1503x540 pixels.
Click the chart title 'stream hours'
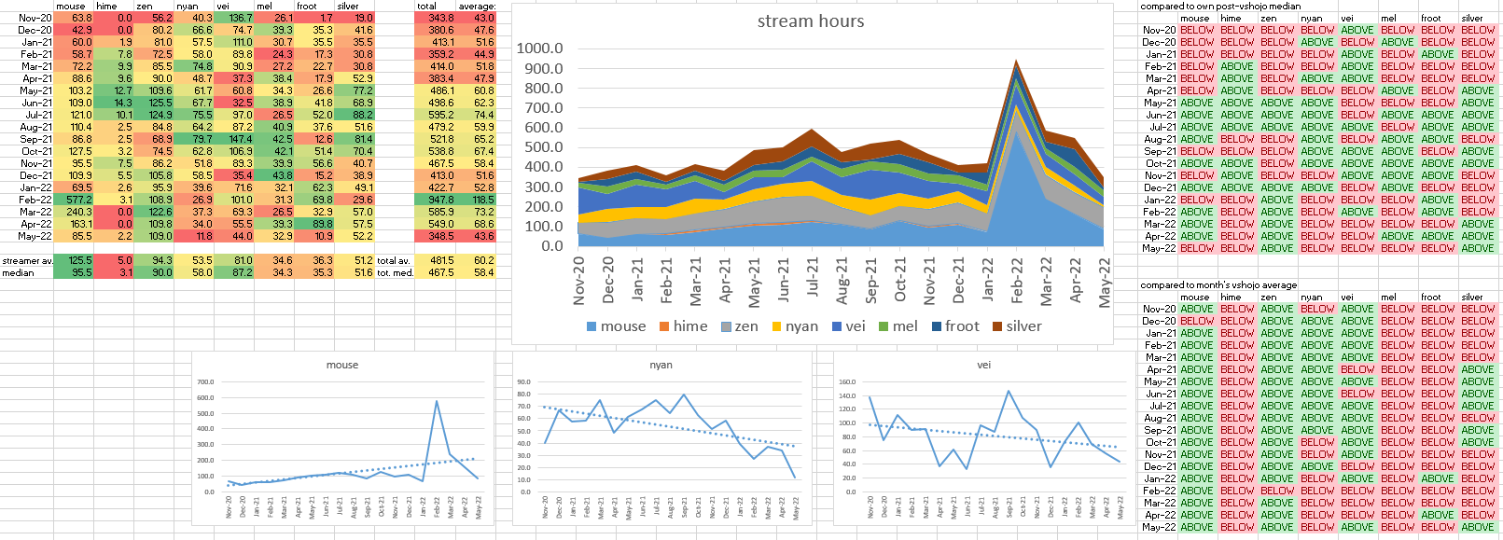point(810,21)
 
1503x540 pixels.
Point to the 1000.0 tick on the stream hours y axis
point(540,48)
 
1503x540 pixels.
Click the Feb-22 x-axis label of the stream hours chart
point(1017,280)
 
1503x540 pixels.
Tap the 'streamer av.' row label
point(27,261)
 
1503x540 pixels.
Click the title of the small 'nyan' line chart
point(661,365)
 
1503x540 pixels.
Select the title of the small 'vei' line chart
point(983,365)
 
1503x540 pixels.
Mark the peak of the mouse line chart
point(436,401)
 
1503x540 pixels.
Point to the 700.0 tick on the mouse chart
point(205,382)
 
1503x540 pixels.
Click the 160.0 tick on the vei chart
point(846,382)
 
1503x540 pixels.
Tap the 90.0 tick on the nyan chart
point(523,382)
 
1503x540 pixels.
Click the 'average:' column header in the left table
point(477,7)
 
